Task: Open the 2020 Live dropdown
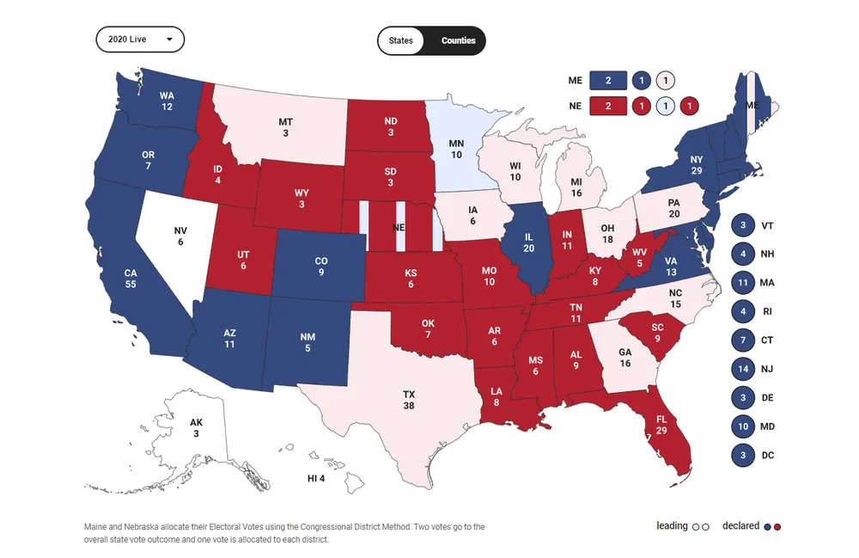(x=140, y=40)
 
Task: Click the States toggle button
(x=401, y=40)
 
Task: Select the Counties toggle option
(x=458, y=40)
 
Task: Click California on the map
(x=131, y=278)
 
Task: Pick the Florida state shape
(x=661, y=435)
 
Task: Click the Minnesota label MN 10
(x=457, y=148)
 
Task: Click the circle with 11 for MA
(x=742, y=282)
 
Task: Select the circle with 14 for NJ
(x=742, y=369)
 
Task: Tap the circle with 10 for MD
(x=742, y=426)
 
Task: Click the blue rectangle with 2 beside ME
(x=608, y=81)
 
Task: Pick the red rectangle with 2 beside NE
(x=608, y=107)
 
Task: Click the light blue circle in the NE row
(x=664, y=107)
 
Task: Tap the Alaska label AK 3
(x=196, y=427)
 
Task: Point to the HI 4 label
(x=316, y=478)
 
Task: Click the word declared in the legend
(x=740, y=525)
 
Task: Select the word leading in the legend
(x=672, y=525)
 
